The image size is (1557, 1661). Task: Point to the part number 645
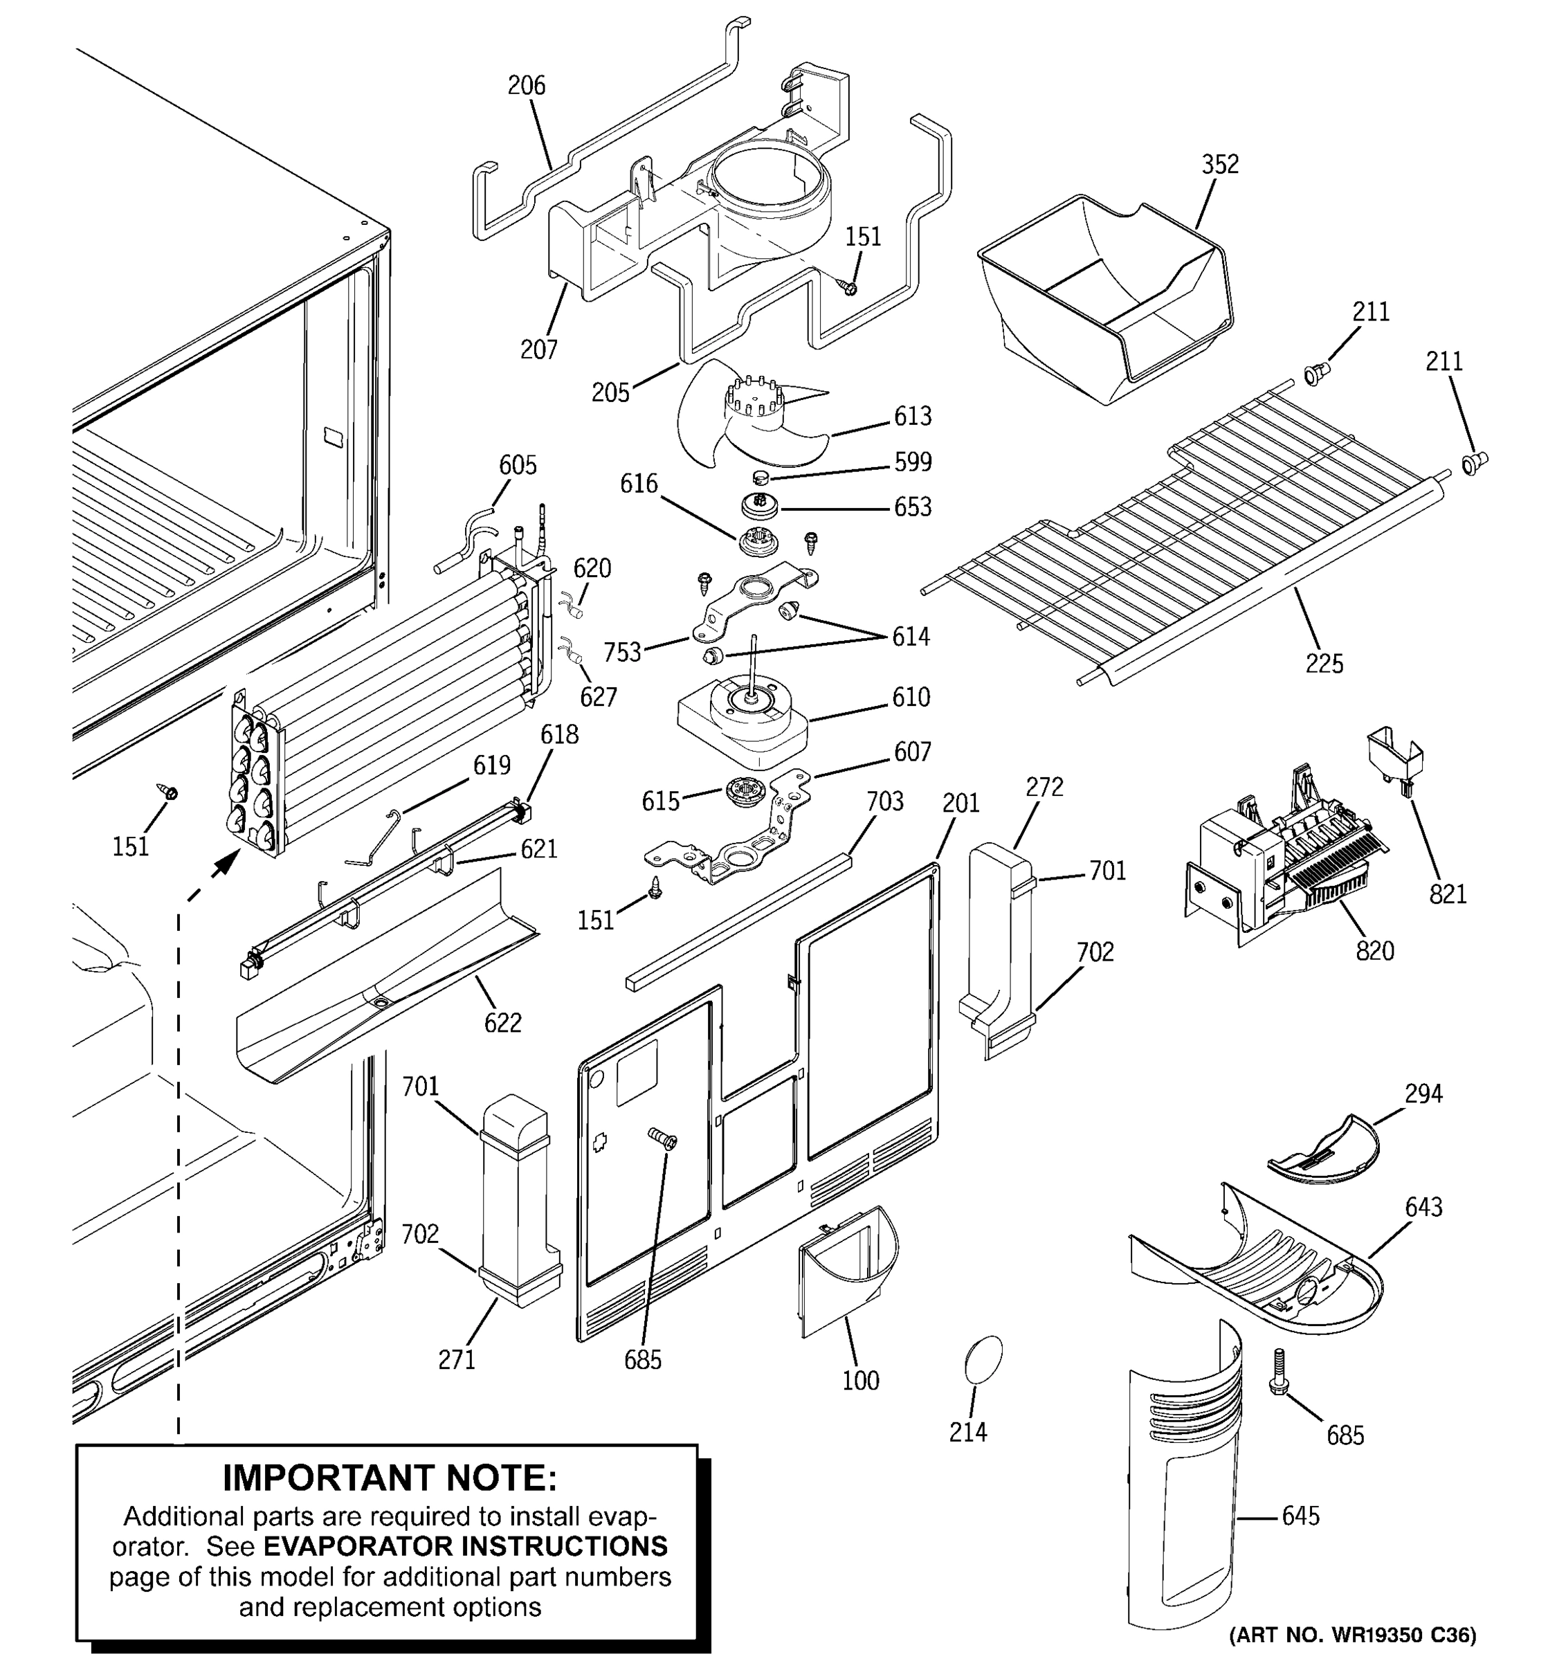pos(1300,1516)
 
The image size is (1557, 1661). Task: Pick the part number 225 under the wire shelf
pos(1324,664)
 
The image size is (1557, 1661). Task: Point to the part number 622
pos(503,1023)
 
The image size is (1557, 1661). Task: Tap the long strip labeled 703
pos(739,919)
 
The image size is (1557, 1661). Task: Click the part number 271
pos(457,1359)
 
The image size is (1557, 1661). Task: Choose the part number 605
pos(518,465)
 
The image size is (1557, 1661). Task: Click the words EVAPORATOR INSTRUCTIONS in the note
pos(465,1547)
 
